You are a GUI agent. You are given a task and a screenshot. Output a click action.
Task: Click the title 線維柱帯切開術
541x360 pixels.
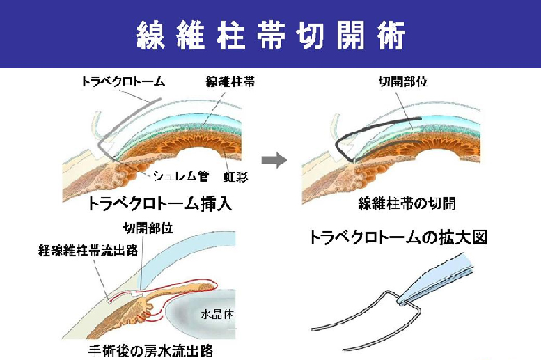coord(270,36)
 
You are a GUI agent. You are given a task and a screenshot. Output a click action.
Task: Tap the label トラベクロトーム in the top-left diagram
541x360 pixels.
coord(123,81)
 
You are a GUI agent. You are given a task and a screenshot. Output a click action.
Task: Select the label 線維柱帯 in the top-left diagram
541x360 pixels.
coord(229,81)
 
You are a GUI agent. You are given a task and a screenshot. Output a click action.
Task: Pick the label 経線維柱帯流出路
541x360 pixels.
coord(77,248)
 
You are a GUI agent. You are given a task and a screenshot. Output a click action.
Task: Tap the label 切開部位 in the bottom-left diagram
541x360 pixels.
coord(146,228)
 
